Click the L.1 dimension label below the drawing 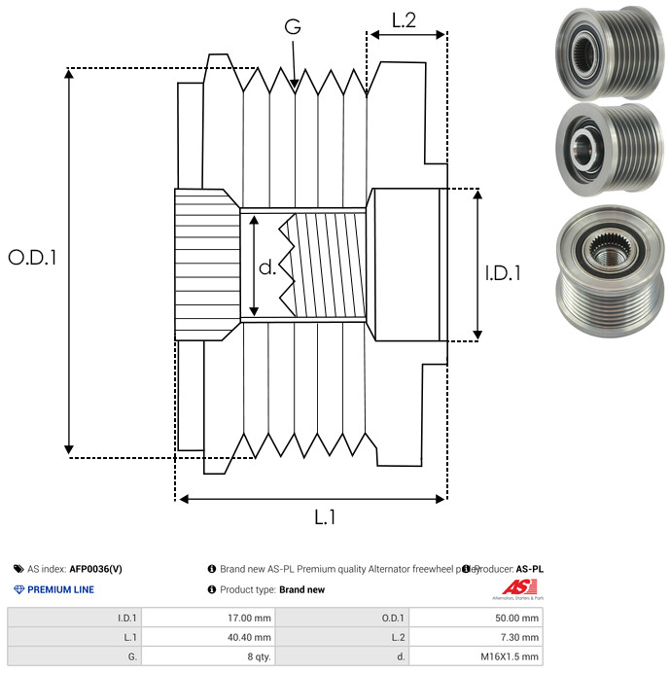[x=325, y=518]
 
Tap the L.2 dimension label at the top [x=404, y=19]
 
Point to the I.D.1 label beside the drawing [x=503, y=274]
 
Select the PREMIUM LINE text [x=60, y=589]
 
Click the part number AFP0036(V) [x=95, y=569]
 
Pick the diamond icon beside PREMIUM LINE [x=18, y=589]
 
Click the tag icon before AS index [x=18, y=569]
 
